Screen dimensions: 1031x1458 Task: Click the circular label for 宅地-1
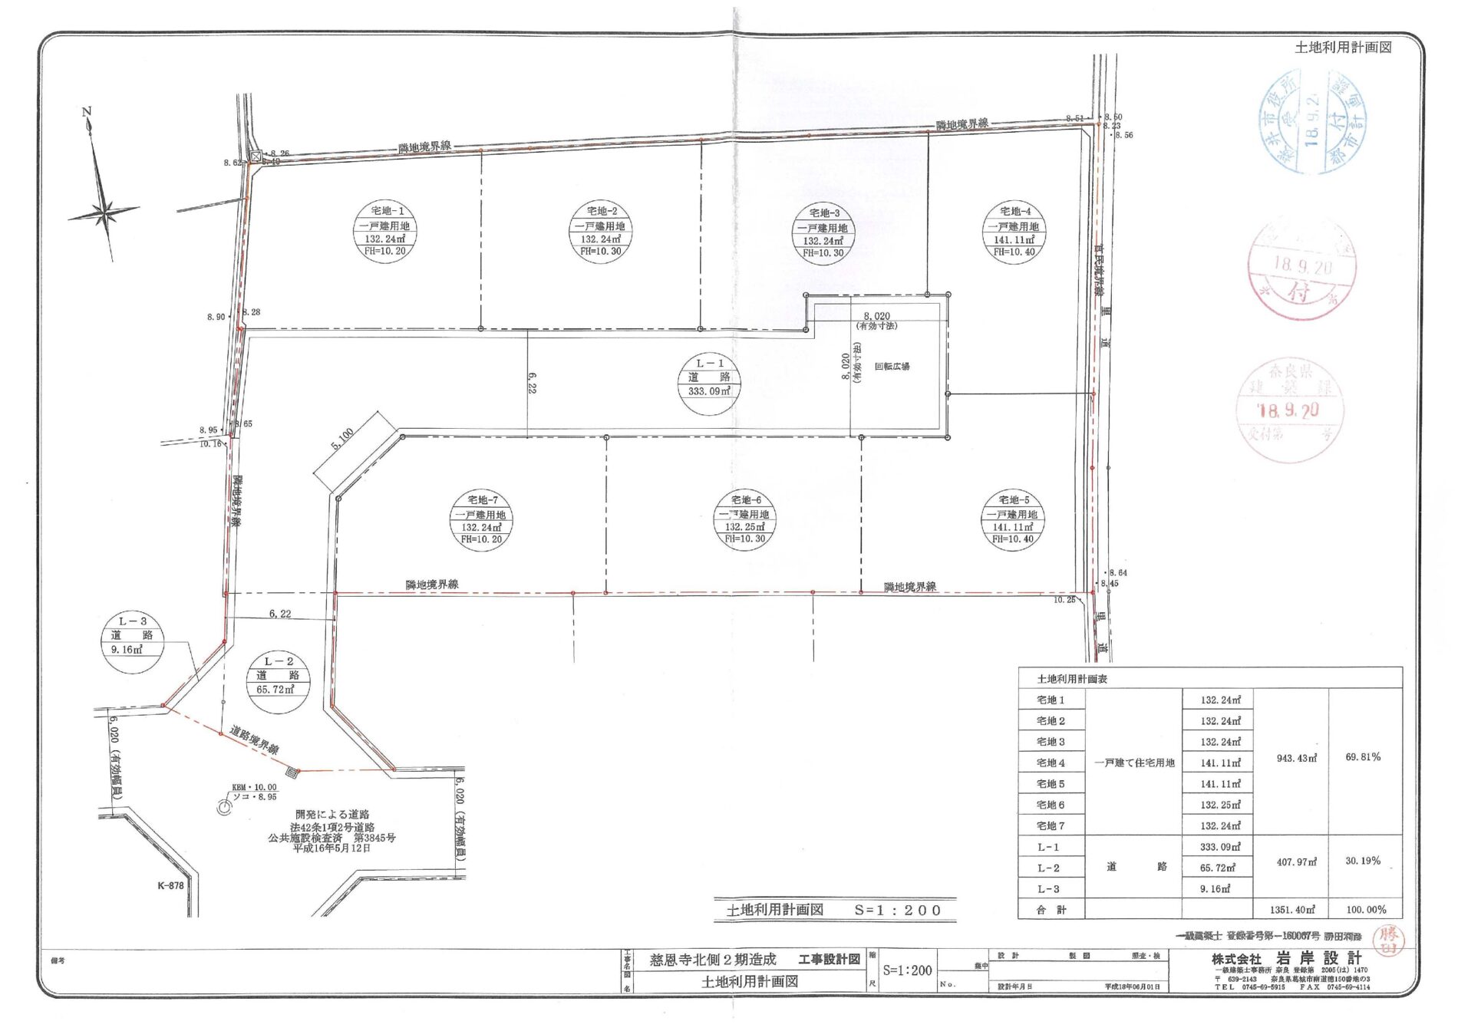coord(385,231)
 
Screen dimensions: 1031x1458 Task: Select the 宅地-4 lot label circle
coord(1014,232)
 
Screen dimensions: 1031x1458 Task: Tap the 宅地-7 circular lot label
coord(481,520)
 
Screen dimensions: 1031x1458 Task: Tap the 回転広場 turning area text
coord(892,367)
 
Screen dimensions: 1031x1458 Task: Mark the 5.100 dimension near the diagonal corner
coord(342,440)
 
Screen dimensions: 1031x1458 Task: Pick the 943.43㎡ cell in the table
coord(1296,758)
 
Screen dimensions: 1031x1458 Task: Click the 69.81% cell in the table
coord(1363,757)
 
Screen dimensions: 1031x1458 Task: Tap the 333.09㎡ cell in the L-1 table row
coord(1219,847)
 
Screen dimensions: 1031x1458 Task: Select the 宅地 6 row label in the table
coord(1051,805)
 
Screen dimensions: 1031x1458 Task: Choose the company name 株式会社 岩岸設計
coord(1287,959)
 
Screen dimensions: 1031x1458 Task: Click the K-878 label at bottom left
coord(170,885)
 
